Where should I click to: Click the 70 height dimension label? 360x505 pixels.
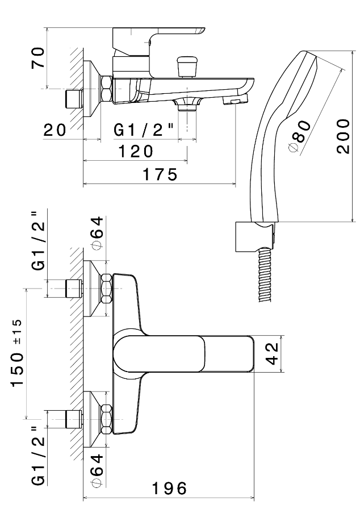click(x=37, y=58)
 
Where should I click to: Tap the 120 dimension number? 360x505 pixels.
click(x=136, y=152)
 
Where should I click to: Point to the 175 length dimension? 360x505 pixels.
click(x=158, y=174)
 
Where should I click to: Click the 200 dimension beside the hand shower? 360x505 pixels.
click(x=342, y=136)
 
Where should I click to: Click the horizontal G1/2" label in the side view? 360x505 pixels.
click(x=144, y=130)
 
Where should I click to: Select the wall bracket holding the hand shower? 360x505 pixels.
click(x=254, y=235)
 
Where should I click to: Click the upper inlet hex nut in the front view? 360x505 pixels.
click(x=106, y=288)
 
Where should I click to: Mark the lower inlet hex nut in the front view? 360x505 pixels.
click(x=106, y=418)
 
